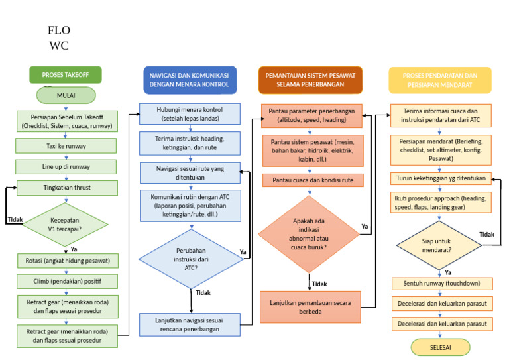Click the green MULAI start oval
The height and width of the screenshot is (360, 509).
pos(66,95)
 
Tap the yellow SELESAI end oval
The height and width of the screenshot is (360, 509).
pos(440,347)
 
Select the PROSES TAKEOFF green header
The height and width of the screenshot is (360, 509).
pos(65,75)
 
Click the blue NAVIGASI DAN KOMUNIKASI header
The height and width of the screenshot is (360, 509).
pos(190,80)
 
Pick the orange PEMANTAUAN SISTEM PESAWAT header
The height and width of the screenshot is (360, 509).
pos(310,80)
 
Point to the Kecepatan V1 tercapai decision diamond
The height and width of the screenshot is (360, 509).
pos(65,224)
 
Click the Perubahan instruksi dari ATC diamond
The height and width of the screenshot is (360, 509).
pos(191,259)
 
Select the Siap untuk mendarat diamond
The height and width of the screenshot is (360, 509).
pos(439,245)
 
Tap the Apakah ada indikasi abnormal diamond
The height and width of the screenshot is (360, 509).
pos(309,234)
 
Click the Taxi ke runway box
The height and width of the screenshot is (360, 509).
pos(66,146)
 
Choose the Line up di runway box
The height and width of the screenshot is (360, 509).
pos(66,167)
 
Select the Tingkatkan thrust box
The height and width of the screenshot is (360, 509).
pos(67,188)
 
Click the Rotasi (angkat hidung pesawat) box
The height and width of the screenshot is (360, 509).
pos(68,261)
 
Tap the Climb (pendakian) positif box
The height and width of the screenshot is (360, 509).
pos(67,282)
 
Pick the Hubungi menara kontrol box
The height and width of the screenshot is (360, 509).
pos(190,114)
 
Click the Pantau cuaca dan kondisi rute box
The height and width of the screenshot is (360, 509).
pos(313,180)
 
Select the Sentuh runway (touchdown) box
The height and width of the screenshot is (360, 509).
pos(442,284)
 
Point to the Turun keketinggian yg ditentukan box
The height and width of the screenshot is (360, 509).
pos(441,178)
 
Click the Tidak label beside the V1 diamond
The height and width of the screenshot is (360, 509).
pos(15,219)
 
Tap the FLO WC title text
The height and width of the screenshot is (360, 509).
pos(59,38)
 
